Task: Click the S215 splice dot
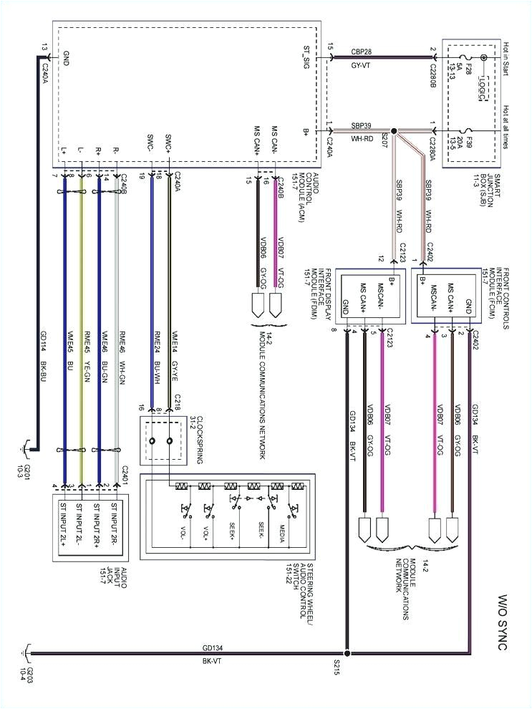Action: click(x=347, y=652)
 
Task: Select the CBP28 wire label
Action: click(x=361, y=51)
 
